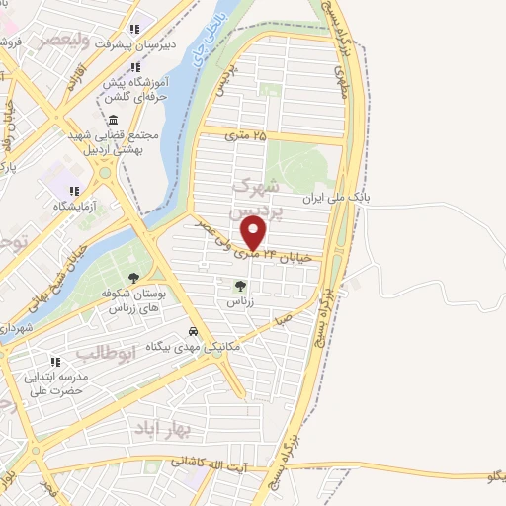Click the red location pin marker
[255, 233]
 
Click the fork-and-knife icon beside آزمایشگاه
[72, 191]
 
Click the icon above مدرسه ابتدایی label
[56, 362]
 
